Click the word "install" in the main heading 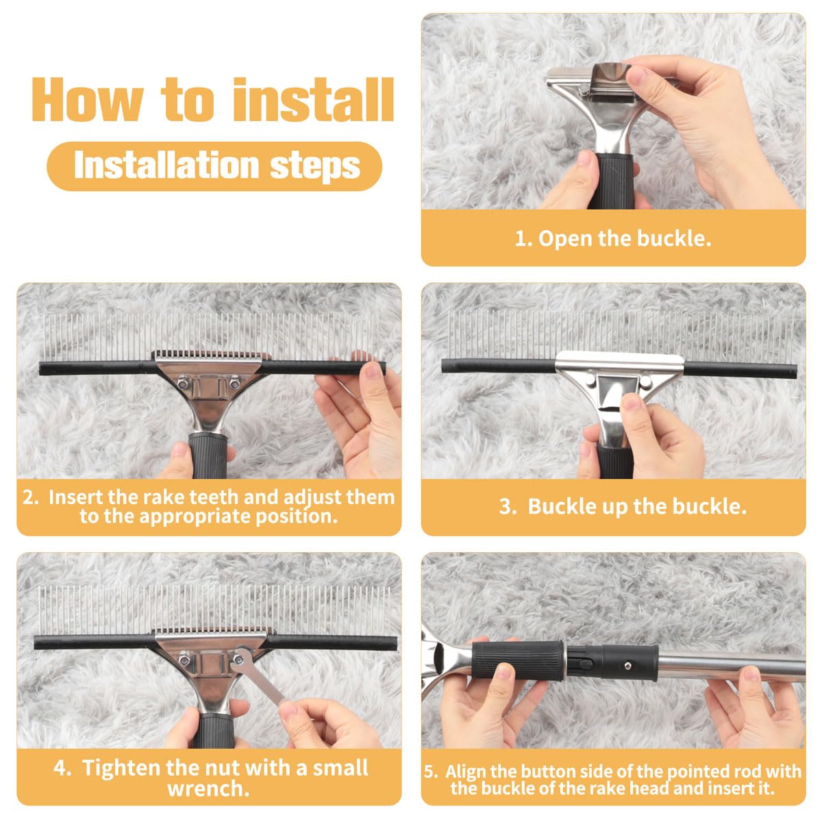pyautogui.click(x=314, y=100)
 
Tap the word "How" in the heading pyautogui.click(x=88, y=101)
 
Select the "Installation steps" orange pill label pyautogui.click(x=214, y=166)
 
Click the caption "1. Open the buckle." pyautogui.click(x=613, y=238)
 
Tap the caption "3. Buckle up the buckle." pyautogui.click(x=623, y=506)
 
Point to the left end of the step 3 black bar pyautogui.click(x=443, y=366)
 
